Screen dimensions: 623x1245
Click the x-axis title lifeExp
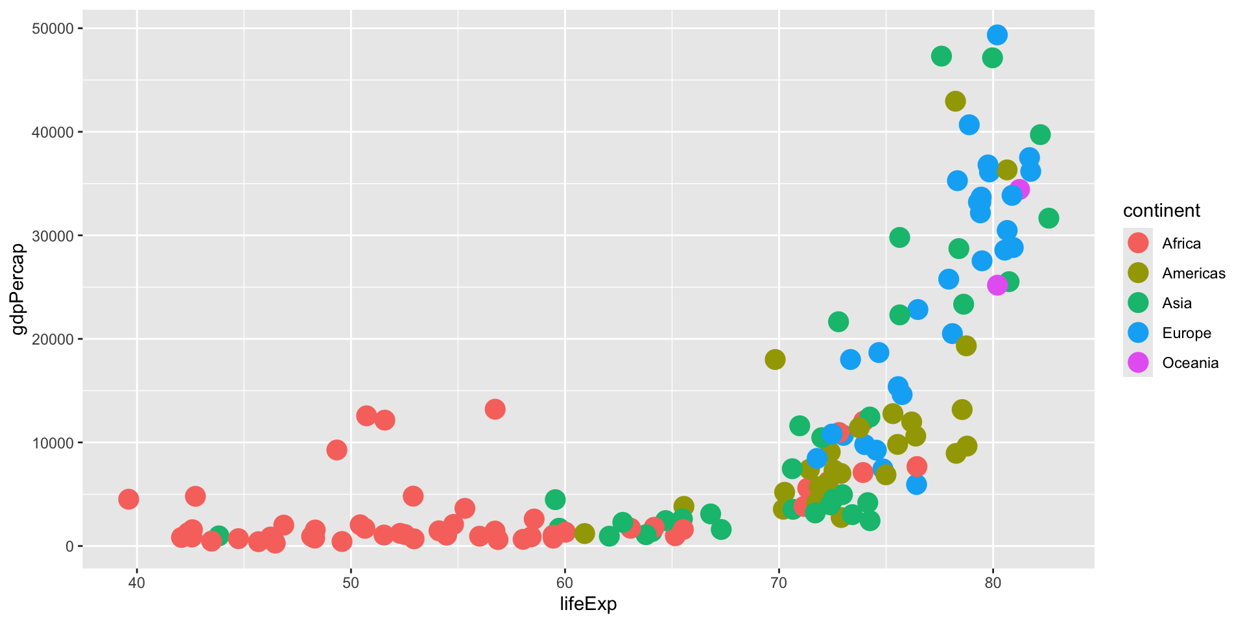click(588, 604)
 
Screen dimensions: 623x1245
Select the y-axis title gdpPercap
click(19, 289)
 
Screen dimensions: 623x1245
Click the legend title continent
click(1161, 211)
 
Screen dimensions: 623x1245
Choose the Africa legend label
click(1181, 243)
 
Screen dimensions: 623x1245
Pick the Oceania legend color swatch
click(1138, 363)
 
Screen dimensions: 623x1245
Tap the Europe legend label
click(1187, 333)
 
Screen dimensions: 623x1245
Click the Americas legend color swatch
click(1138, 273)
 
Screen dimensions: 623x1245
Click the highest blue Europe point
click(997, 35)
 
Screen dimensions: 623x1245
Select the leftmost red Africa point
click(128, 499)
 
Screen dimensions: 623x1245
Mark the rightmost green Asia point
click(1049, 218)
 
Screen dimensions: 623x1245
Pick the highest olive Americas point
click(955, 101)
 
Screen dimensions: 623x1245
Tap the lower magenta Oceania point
click(997, 286)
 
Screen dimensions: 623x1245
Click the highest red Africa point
click(495, 409)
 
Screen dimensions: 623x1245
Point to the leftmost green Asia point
click(219, 535)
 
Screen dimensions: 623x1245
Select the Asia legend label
click(1177, 303)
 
